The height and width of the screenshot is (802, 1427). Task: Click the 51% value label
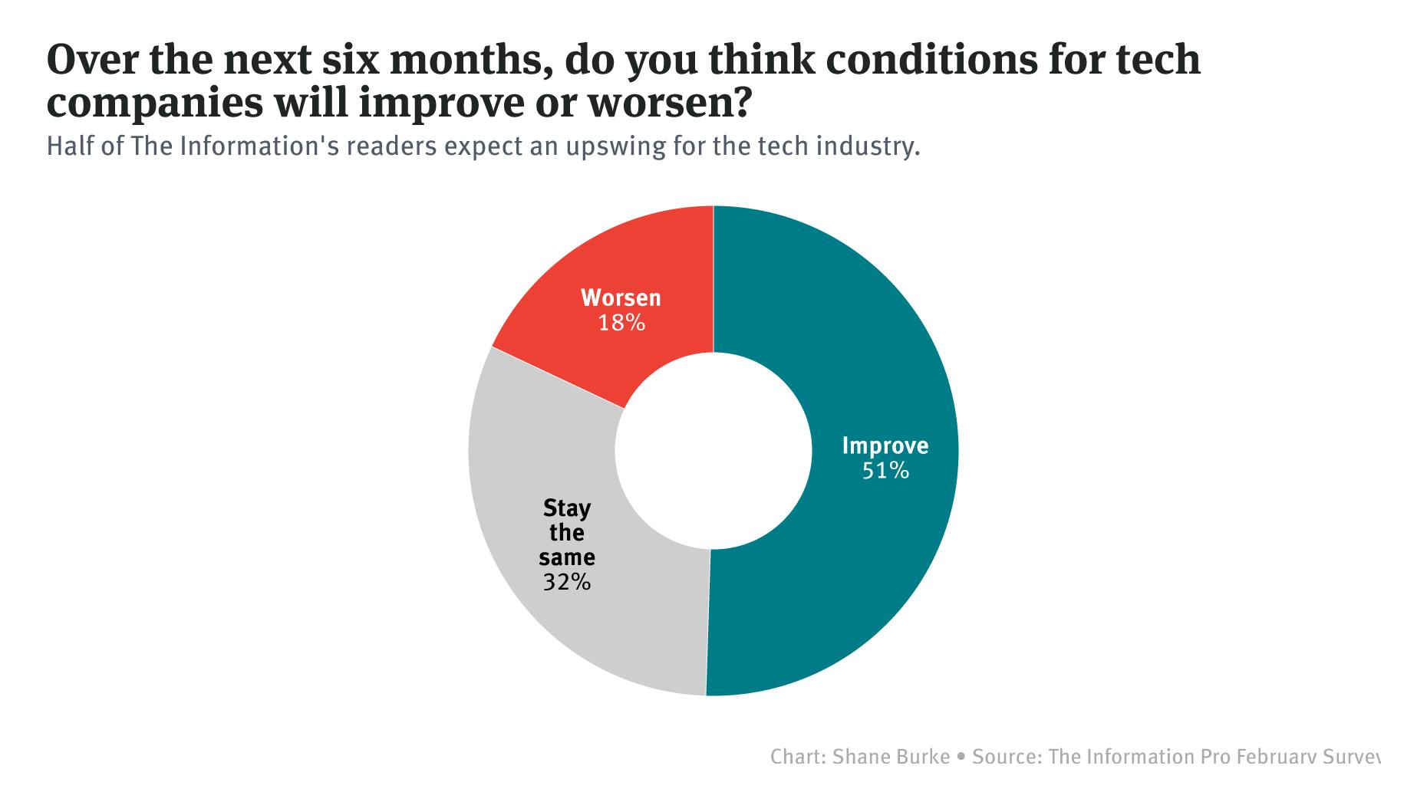pos(885,471)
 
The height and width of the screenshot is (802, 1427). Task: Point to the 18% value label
pos(621,323)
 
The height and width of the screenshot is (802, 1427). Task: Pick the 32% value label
pos(567,583)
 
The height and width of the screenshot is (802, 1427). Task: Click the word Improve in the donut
pos(885,446)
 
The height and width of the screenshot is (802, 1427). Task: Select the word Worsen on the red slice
pos(621,297)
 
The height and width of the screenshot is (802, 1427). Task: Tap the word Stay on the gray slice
pos(567,508)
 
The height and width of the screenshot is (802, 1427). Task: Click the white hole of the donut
pos(713,451)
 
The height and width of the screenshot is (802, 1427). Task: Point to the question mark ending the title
pos(737,104)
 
